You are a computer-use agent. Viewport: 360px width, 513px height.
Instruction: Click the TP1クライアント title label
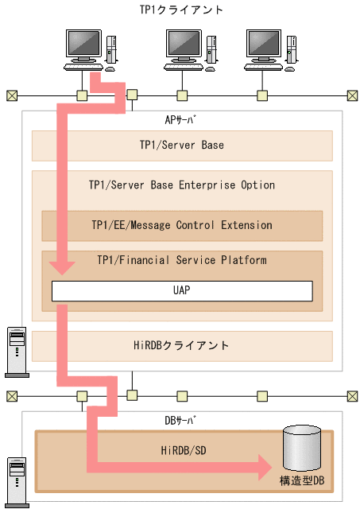click(181, 10)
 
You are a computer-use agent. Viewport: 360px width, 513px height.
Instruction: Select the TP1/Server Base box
click(181, 146)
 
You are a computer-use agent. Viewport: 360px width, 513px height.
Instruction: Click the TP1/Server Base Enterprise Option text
click(181, 185)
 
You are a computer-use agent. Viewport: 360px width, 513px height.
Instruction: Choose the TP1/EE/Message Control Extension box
click(181, 225)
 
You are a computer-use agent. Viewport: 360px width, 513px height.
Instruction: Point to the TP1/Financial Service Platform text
click(181, 260)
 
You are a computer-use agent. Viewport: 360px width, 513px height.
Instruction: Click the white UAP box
click(181, 290)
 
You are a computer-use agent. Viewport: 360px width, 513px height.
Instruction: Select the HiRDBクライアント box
click(181, 345)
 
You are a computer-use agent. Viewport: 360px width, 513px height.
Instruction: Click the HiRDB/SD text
click(180, 449)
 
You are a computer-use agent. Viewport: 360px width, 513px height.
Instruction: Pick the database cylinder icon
click(302, 449)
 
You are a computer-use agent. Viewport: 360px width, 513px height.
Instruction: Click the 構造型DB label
click(301, 481)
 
